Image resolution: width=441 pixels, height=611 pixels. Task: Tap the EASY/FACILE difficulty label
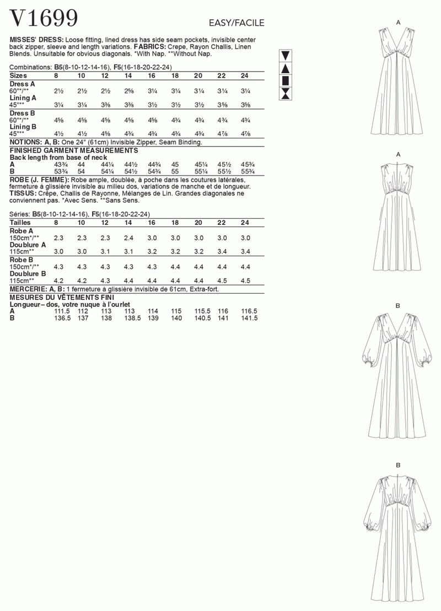point(236,23)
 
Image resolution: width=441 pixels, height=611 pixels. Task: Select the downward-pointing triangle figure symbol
point(286,56)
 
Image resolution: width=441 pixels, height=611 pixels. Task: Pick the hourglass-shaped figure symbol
point(286,94)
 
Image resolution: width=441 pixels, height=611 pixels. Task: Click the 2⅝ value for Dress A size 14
point(128,91)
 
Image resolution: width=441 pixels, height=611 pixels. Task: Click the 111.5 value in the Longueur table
point(61,311)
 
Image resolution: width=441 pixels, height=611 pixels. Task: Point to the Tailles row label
point(21,223)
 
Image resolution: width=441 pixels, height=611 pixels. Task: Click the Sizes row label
point(19,75)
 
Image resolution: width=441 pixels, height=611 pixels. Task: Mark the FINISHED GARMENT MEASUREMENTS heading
point(74,150)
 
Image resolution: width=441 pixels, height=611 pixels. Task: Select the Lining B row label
point(23,126)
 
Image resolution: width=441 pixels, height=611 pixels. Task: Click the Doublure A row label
point(28,244)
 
